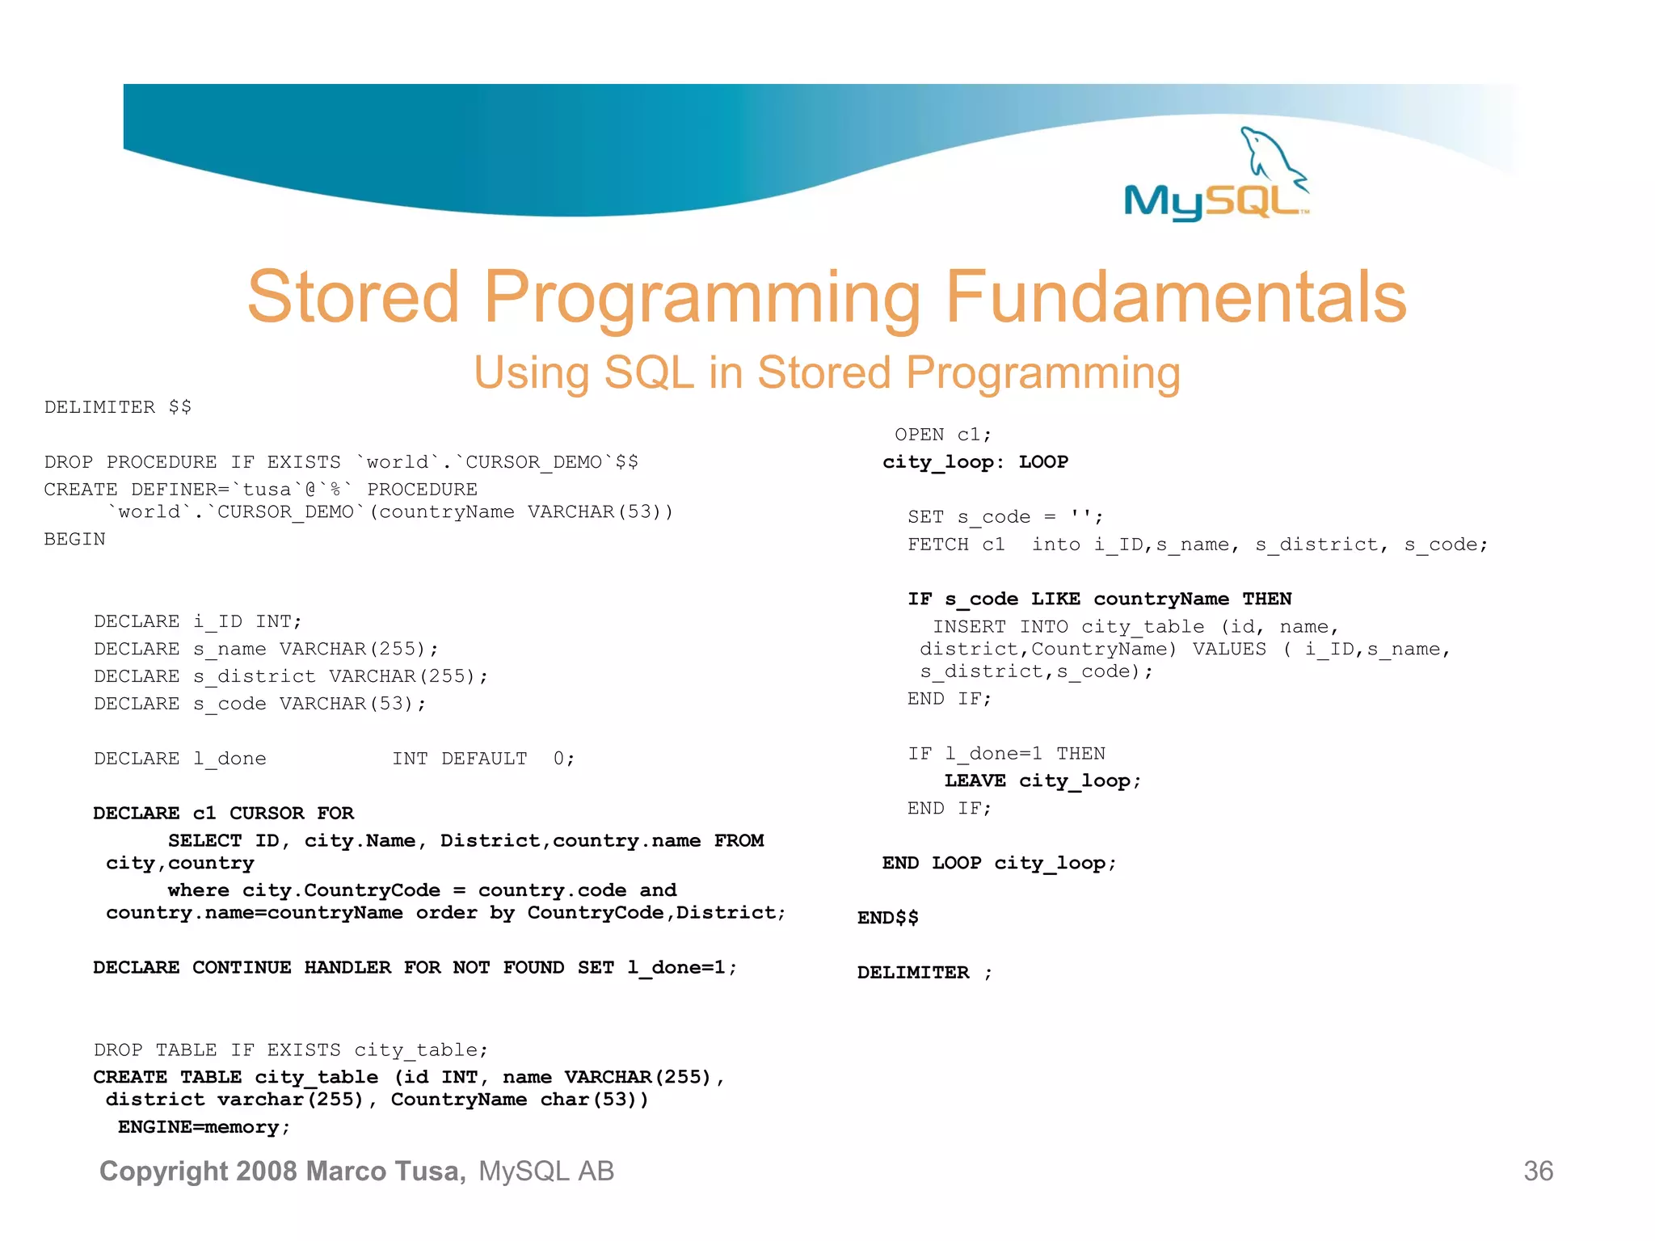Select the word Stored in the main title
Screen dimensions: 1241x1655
[352, 297]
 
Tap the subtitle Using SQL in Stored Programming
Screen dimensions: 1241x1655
[827, 373]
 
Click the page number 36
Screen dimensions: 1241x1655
[1538, 1171]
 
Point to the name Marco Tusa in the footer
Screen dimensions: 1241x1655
[385, 1171]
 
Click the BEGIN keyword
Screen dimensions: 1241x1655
[74, 539]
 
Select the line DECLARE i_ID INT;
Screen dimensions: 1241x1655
[197, 621]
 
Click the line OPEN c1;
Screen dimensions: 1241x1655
[942, 435]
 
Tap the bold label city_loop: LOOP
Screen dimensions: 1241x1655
[975, 462]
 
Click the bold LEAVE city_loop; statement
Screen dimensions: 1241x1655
[1042, 781]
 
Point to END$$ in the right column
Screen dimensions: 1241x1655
[887, 918]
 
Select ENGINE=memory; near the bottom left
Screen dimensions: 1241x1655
[204, 1127]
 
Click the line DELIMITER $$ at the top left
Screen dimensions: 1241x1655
[117, 407]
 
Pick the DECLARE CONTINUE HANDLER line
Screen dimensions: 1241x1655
[415, 968]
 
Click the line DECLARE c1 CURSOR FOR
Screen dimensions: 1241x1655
[223, 814]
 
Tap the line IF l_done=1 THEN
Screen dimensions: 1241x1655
[1005, 754]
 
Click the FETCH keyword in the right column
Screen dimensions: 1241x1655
[937, 545]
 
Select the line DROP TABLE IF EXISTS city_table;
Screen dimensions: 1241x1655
[291, 1050]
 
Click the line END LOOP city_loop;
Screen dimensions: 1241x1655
[999, 864]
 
